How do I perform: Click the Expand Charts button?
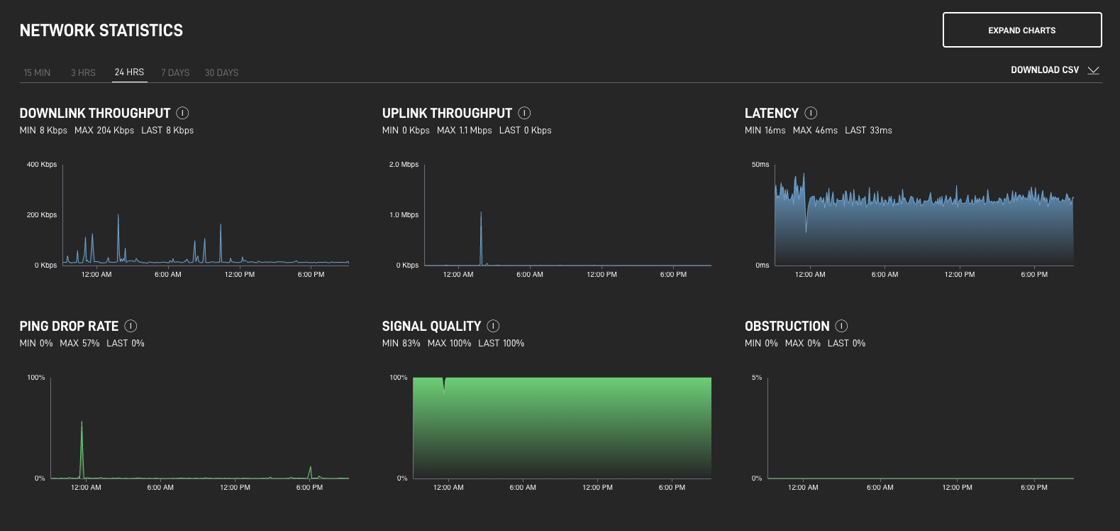[1021, 30]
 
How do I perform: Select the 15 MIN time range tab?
[37, 72]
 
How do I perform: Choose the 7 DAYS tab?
[175, 72]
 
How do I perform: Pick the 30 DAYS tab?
[221, 72]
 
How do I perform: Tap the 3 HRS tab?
[83, 72]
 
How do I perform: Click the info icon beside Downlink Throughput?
[182, 113]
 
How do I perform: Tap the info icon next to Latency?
[811, 113]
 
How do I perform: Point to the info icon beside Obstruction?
[841, 326]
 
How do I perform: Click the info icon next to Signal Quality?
[493, 326]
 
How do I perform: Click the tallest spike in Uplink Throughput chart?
[481, 214]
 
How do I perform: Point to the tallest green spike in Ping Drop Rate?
[82, 424]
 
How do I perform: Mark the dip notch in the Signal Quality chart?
[444, 385]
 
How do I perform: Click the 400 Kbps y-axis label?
[42, 165]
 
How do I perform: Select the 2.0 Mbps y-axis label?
[404, 165]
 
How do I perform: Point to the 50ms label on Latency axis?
[760, 165]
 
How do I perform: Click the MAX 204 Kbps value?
[104, 131]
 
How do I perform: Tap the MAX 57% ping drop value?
[79, 344]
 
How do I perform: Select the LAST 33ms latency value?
[868, 131]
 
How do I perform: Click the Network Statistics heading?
[101, 31]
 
